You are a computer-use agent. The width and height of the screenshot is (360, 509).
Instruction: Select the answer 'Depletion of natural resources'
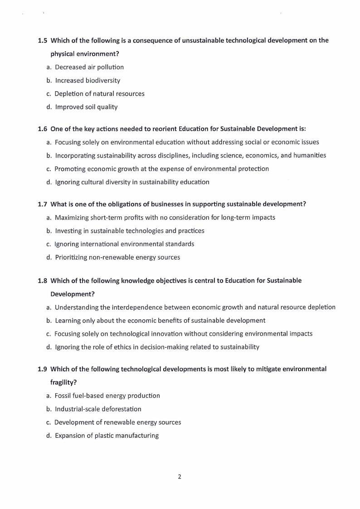coord(99,94)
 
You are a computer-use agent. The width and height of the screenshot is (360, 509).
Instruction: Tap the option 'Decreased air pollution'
coord(89,67)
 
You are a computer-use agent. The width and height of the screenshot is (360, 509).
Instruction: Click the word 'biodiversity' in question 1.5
coord(103,80)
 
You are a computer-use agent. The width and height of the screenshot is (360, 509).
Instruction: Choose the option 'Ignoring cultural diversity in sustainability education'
coord(132,182)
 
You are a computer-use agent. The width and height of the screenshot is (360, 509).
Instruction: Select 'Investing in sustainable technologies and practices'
coord(130,230)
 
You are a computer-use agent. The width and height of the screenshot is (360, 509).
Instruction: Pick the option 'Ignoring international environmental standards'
coord(124,244)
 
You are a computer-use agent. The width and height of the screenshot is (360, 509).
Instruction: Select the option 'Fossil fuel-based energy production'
coord(107,396)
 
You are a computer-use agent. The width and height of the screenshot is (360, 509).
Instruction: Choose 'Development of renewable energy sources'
coord(117,422)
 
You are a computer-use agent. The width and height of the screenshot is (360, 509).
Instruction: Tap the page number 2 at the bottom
coord(180,477)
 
